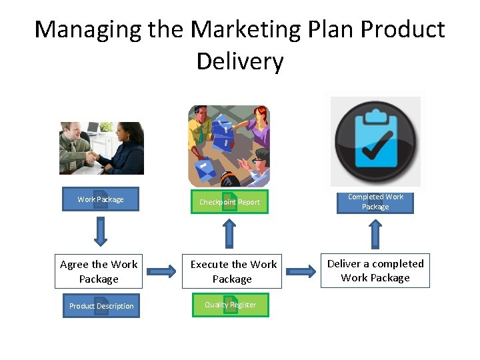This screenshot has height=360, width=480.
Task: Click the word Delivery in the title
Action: coord(240,61)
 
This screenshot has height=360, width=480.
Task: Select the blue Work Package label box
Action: coord(101,199)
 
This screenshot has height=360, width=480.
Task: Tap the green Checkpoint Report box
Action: coord(229,201)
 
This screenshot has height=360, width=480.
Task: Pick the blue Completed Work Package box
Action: coord(375,201)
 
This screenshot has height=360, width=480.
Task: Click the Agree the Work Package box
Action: coord(99,272)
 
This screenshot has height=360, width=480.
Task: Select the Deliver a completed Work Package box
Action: coord(375,271)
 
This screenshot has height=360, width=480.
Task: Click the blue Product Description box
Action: coord(101,306)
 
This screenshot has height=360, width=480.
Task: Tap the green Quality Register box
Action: coord(230,305)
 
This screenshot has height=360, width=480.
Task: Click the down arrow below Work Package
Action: coord(101,231)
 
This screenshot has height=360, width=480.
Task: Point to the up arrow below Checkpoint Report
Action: coord(229,233)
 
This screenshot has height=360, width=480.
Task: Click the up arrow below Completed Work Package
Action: coord(375,233)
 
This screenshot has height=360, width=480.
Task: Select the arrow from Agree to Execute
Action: coord(162,271)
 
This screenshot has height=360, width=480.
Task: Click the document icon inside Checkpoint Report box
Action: coord(229,201)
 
